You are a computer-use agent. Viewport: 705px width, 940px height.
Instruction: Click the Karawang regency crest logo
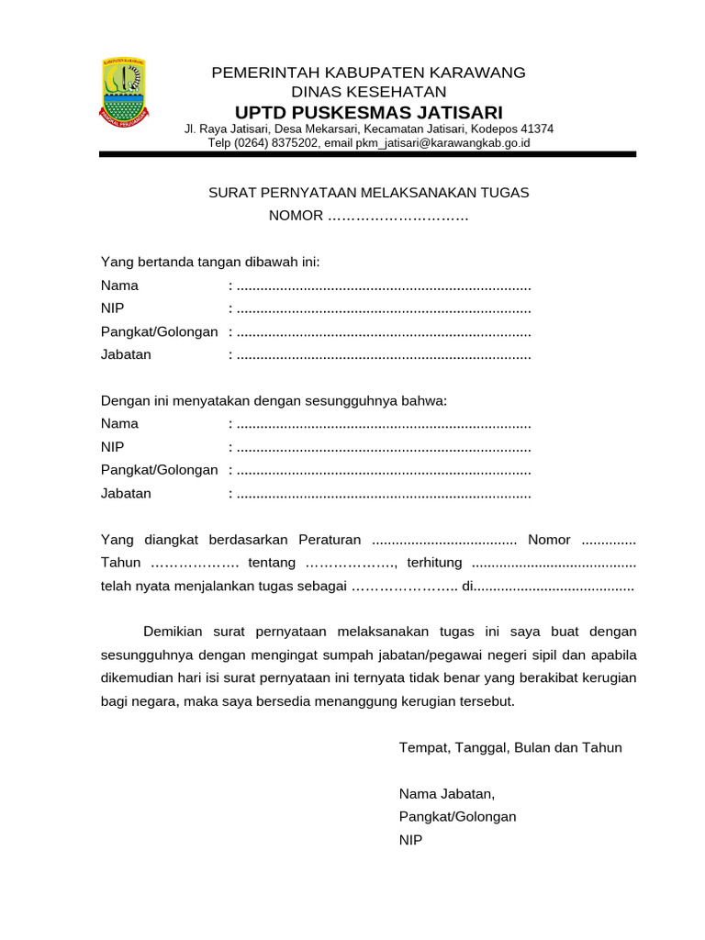pyautogui.click(x=123, y=93)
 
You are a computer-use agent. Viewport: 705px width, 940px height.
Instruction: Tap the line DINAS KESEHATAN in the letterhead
pyautogui.click(x=368, y=92)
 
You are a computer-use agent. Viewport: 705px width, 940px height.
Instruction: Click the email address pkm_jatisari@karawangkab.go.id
pyautogui.click(x=442, y=143)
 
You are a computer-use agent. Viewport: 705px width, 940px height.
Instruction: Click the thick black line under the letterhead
pyautogui.click(x=367, y=155)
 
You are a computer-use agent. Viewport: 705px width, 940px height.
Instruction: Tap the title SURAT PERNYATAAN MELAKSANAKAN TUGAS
pyautogui.click(x=369, y=193)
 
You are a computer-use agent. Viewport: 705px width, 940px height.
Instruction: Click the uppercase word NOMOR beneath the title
pyautogui.click(x=296, y=216)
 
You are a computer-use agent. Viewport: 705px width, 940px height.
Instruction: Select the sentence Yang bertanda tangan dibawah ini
pyautogui.click(x=210, y=263)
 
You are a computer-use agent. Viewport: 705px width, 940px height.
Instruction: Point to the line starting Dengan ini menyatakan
pyautogui.click(x=274, y=401)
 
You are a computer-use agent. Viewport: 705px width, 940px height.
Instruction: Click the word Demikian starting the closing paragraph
pyautogui.click(x=176, y=632)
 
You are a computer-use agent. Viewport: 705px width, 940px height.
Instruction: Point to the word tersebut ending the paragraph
pyautogui.click(x=487, y=701)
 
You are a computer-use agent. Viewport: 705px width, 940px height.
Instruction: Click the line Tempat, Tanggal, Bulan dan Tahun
pyautogui.click(x=510, y=747)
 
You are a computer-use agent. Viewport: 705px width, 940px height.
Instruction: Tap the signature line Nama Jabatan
pyautogui.click(x=447, y=793)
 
